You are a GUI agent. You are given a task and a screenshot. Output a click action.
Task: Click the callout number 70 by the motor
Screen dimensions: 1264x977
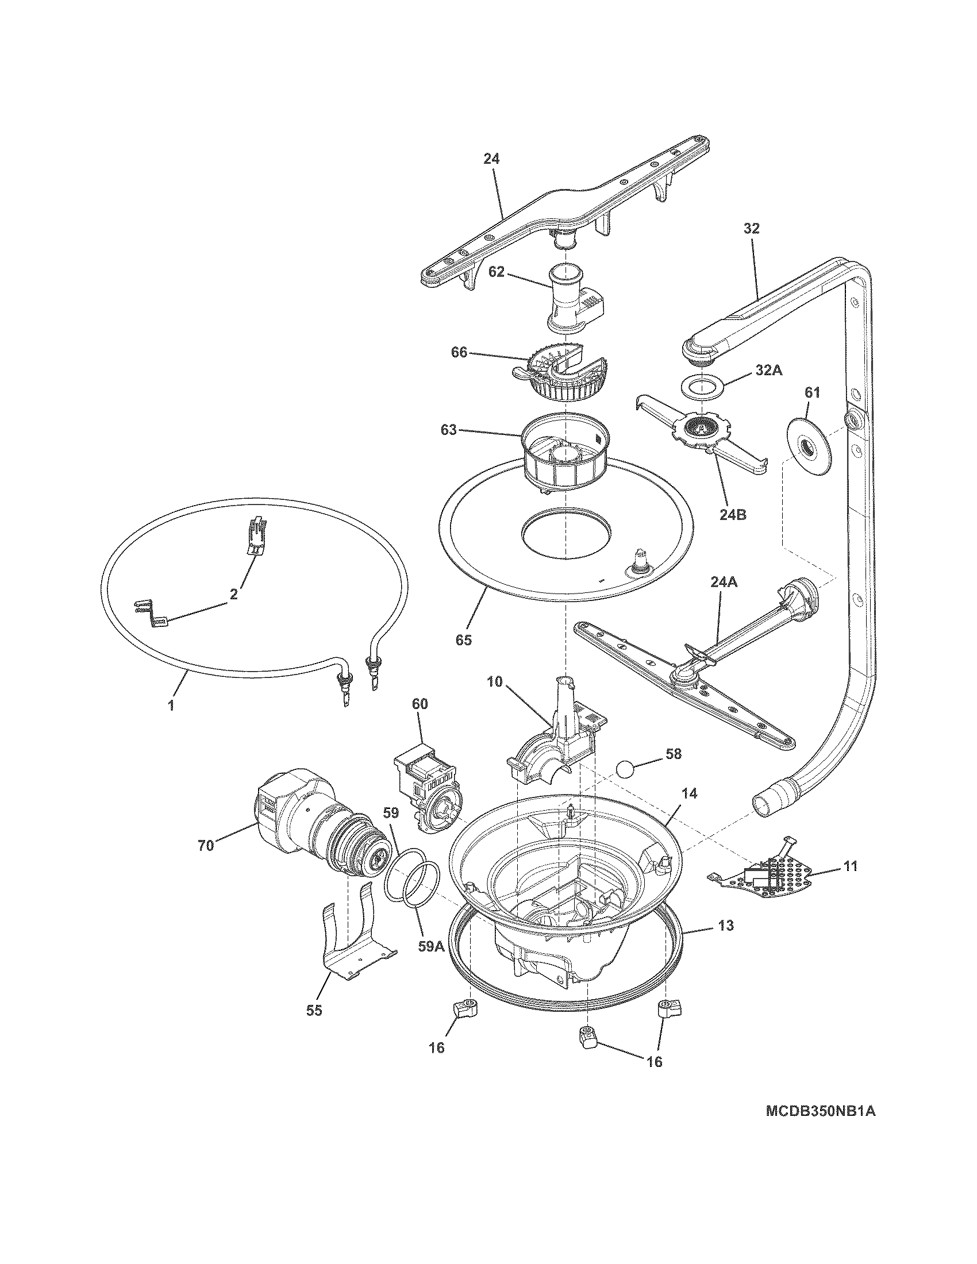point(206,845)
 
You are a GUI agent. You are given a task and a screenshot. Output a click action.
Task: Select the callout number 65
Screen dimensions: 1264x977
point(464,639)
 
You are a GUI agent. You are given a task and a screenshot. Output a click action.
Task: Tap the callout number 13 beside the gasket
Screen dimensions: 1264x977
point(726,926)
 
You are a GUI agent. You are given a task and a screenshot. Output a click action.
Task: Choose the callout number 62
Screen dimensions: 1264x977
point(497,271)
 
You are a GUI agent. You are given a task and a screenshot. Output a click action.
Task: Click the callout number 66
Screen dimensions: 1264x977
point(459,352)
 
